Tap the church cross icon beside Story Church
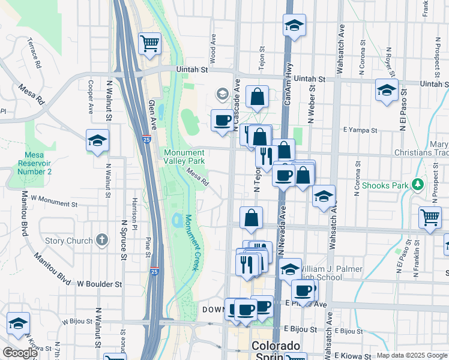tap(103, 241)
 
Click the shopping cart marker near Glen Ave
tap(149, 43)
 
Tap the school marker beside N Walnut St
tap(97, 141)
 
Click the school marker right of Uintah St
tap(387, 90)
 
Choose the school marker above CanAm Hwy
tap(294, 26)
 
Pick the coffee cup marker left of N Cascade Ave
tap(222, 120)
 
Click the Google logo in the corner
tap(20, 353)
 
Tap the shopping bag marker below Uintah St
tap(257, 97)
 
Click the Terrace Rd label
tap(34, 53)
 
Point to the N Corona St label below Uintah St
tap(358, 178)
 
